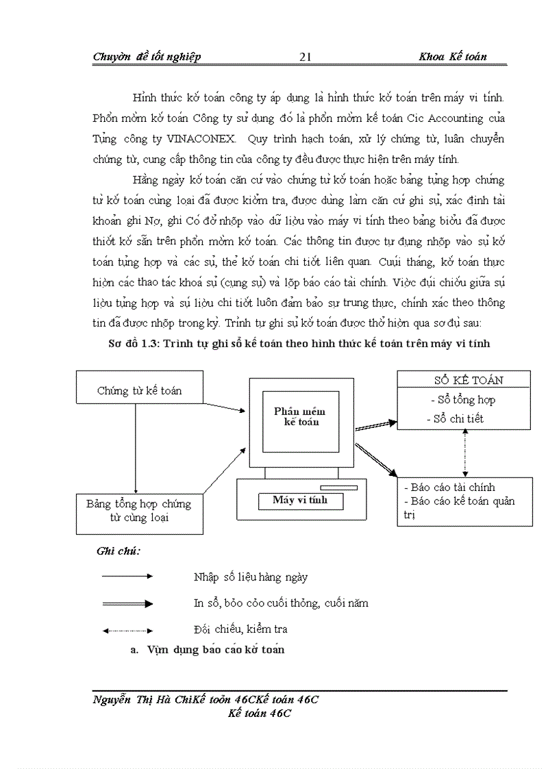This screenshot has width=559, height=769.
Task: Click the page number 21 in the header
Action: [306, 57]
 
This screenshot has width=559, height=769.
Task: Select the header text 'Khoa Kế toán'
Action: [453, 57]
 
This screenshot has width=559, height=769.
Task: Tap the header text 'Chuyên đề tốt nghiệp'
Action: [147, 57]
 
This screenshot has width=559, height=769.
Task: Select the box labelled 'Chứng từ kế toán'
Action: [139, 391]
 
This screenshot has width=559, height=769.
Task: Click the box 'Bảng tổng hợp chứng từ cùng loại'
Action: [139, 511]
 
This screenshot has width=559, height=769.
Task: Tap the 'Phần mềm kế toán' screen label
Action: [300, 416]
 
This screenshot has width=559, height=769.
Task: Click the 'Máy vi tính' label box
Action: [300, 501]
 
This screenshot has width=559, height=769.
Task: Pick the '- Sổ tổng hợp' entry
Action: [462, 400]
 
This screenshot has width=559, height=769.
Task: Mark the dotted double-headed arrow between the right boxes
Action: [465, 453]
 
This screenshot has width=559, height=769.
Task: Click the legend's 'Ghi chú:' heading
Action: [119, 551]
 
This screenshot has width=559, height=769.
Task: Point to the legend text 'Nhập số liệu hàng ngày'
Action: [251, 577]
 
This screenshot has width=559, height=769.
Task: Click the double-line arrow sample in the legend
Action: [127, 603]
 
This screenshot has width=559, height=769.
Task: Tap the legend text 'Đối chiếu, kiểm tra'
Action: [240, 629]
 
